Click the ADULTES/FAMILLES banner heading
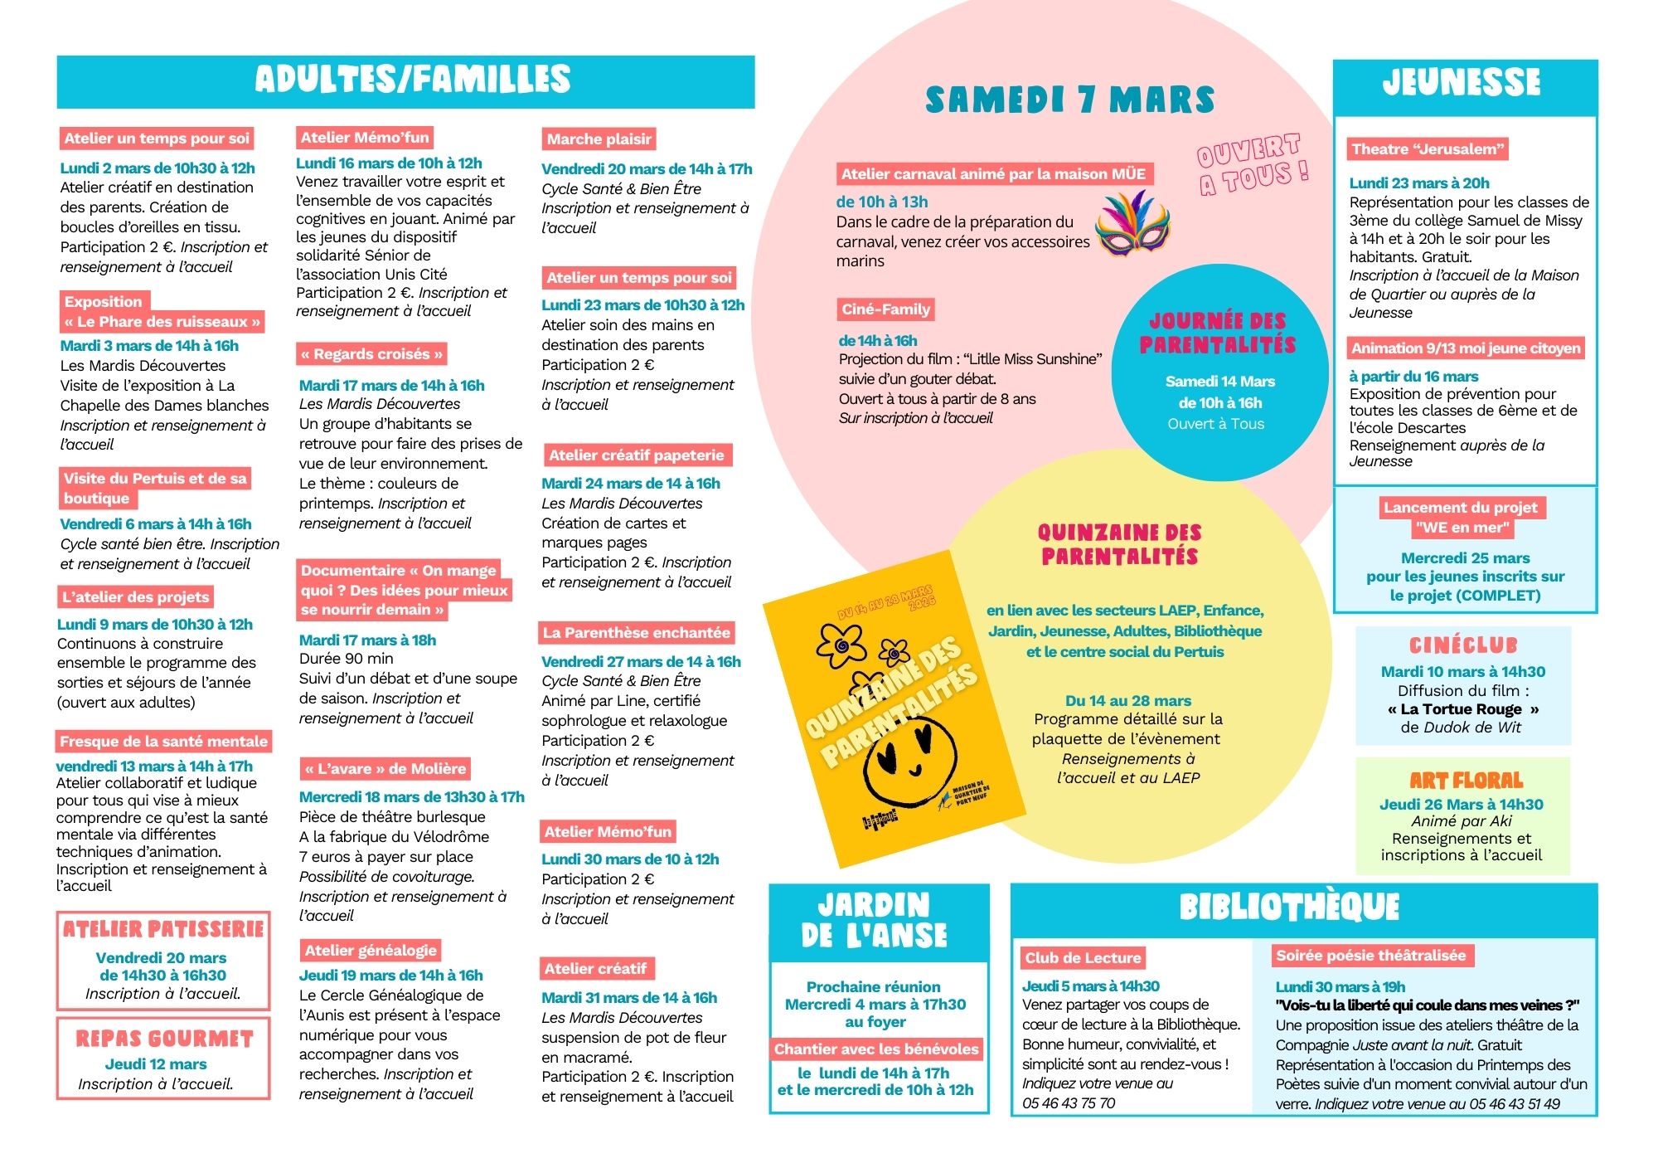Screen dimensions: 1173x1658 pyautogui.click(x=412, y=80)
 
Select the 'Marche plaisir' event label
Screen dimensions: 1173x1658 pyautogui.click(x=599, y=139)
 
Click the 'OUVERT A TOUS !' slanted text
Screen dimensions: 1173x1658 pyautogui.click(x=1252, y=164)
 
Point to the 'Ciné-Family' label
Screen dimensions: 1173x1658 pyautogui.click(x=885, y=309)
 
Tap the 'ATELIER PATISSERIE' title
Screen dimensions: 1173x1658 pyautogui.click(x=163, y=929)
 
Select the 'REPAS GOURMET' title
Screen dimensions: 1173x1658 pyautogui.click(x=164, y=1039)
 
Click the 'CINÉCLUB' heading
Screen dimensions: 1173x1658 pyautogui.click(x=1463, y=645)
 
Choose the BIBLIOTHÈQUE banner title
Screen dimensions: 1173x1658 pyautogui.click(x=1289, y=908)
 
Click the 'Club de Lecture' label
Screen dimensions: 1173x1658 pyautogui.click(x=1083, y=958)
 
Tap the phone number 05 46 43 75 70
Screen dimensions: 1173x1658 pyautogui.click(x=1069, y=1103)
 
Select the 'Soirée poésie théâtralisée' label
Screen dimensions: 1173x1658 pyautogui.click(x=1371, y=956)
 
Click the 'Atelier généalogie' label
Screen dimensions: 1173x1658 pyautogui.click(x=371, y=951)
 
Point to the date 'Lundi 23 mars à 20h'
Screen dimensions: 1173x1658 pyautogui.click(x=1419, y=183)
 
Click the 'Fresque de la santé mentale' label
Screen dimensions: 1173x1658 pyautogui.click(x=164, y=742)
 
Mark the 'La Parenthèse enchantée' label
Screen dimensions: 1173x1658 pyautogui.click(x=637, y=633)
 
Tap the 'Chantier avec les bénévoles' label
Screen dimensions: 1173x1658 pyautogui.click(x=876, y=1049)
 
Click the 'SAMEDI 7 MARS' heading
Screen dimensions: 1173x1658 pyautogui.click(x=1069, y=100)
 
